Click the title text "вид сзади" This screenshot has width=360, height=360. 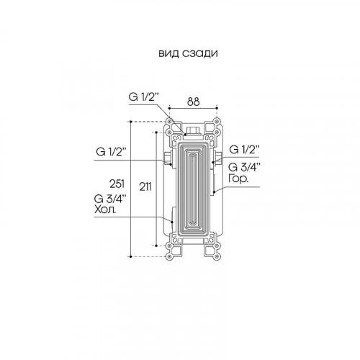click(188, 53)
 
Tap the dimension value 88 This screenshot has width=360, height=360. click(193, 102)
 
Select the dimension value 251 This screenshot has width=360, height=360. click(117, 184)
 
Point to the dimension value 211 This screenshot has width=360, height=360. click(145, 186)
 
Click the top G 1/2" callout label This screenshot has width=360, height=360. click(144, 97)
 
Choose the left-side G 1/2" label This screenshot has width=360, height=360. click(112, 152)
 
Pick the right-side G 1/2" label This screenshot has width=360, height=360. click(245, 150)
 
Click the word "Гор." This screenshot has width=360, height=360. click(238, 179)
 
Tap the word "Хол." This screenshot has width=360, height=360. click(105, 210)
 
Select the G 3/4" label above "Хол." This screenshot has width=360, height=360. click(110, 199)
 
